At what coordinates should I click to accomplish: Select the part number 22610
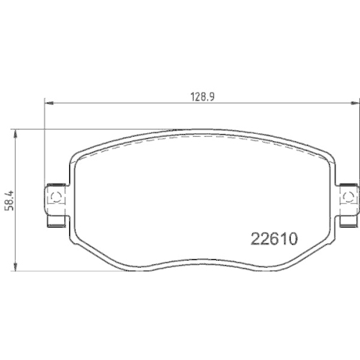(x=274, y=238)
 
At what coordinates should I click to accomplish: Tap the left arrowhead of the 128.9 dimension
(x=48, y=104)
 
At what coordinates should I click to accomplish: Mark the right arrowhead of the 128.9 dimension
(x=354, y=104)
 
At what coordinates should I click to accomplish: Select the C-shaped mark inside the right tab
(x=348, y=195)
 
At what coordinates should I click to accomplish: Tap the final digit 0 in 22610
(x=294, y=238)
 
